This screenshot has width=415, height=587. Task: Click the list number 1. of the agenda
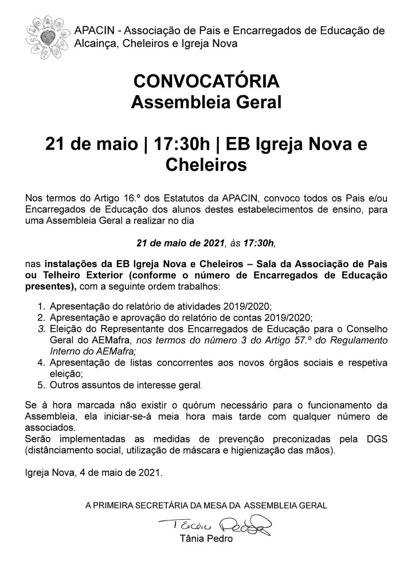(41, 307)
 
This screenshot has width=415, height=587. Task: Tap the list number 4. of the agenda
(41, 363)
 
